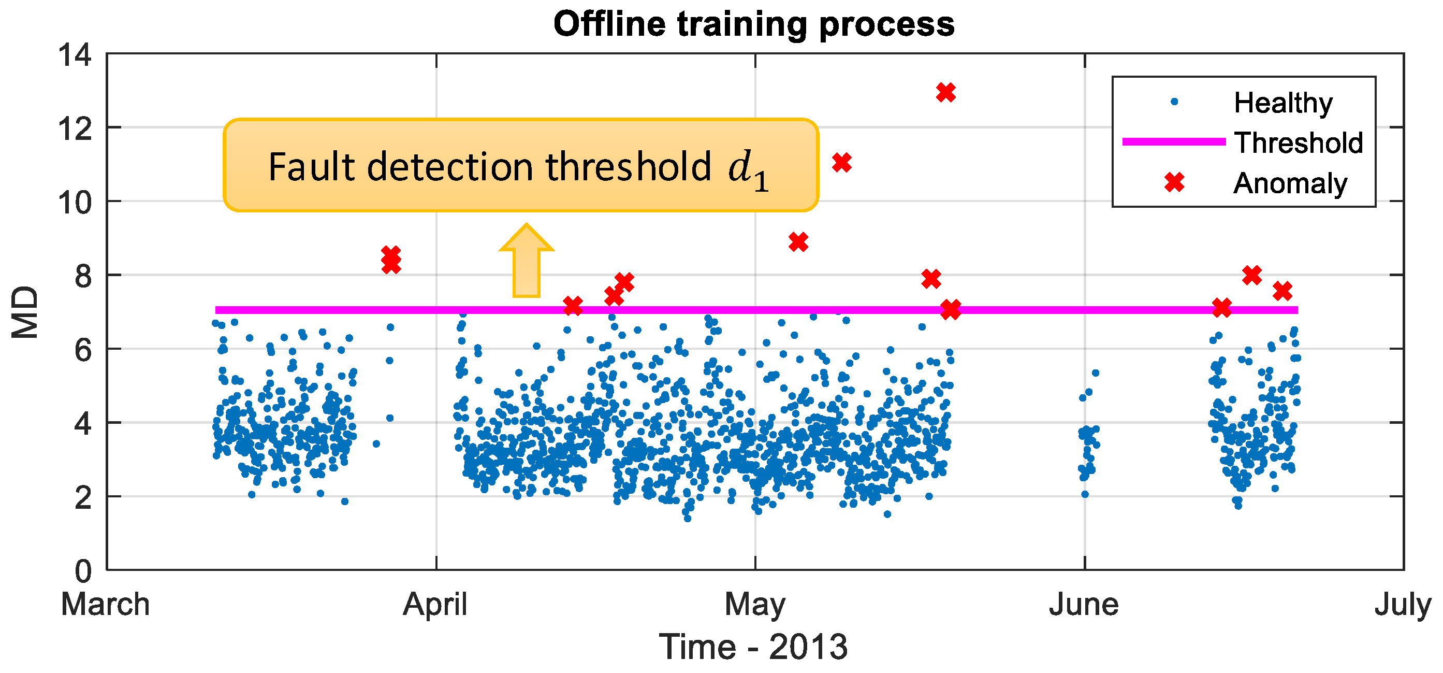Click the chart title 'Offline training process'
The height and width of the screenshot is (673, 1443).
tap(753, 24)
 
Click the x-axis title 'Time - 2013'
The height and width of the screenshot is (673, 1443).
tap(753, 646)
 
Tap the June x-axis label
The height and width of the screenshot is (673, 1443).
tap(1084, 605)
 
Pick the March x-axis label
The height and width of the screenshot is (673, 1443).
tap(105, 605)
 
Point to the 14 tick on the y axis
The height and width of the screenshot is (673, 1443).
tap(75, 55)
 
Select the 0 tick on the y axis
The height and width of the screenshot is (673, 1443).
tap(83, 571)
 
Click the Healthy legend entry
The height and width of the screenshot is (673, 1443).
tap(1284, 103)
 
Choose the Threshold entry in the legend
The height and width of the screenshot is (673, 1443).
tap(1299, 143)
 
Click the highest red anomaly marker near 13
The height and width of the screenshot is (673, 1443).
tap(945, 92)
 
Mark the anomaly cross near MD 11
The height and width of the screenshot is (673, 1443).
tap(841, 163)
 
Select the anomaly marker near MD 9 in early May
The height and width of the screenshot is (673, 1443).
tap(798, 242)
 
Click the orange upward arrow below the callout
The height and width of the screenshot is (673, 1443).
tap(526, 261)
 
